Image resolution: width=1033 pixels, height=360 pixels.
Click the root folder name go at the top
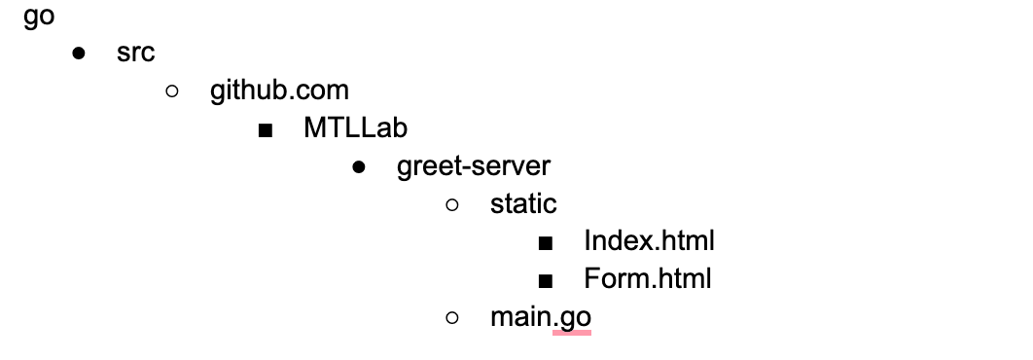(x=39, y=18)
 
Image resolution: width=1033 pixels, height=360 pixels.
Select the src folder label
(x=135, y=54)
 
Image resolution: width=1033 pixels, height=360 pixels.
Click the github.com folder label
(x=279, y=91)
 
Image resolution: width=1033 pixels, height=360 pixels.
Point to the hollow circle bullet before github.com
(x=172, y=91)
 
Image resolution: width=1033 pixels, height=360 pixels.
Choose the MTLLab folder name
(x=355, y=128)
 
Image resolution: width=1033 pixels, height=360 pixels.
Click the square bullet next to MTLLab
(x=266, y=129)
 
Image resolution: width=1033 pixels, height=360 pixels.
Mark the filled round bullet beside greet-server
(x=359, y=167)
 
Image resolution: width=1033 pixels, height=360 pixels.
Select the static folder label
(x=523, y=203)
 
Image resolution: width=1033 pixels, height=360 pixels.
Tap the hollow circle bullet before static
(x=451, y=204)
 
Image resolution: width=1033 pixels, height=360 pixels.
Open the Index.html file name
(x=649, y=240)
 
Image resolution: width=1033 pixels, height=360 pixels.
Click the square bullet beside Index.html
(x=545, y=242)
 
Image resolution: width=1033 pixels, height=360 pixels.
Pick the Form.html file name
(x=648, y=279)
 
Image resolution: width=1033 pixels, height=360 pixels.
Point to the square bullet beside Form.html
(x=545, y=280)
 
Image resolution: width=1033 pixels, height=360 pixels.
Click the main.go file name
(x=540, y=317)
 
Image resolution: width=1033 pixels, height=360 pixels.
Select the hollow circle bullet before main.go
(x=451, y=317)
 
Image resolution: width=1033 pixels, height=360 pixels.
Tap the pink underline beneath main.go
(x=571, y=333)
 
